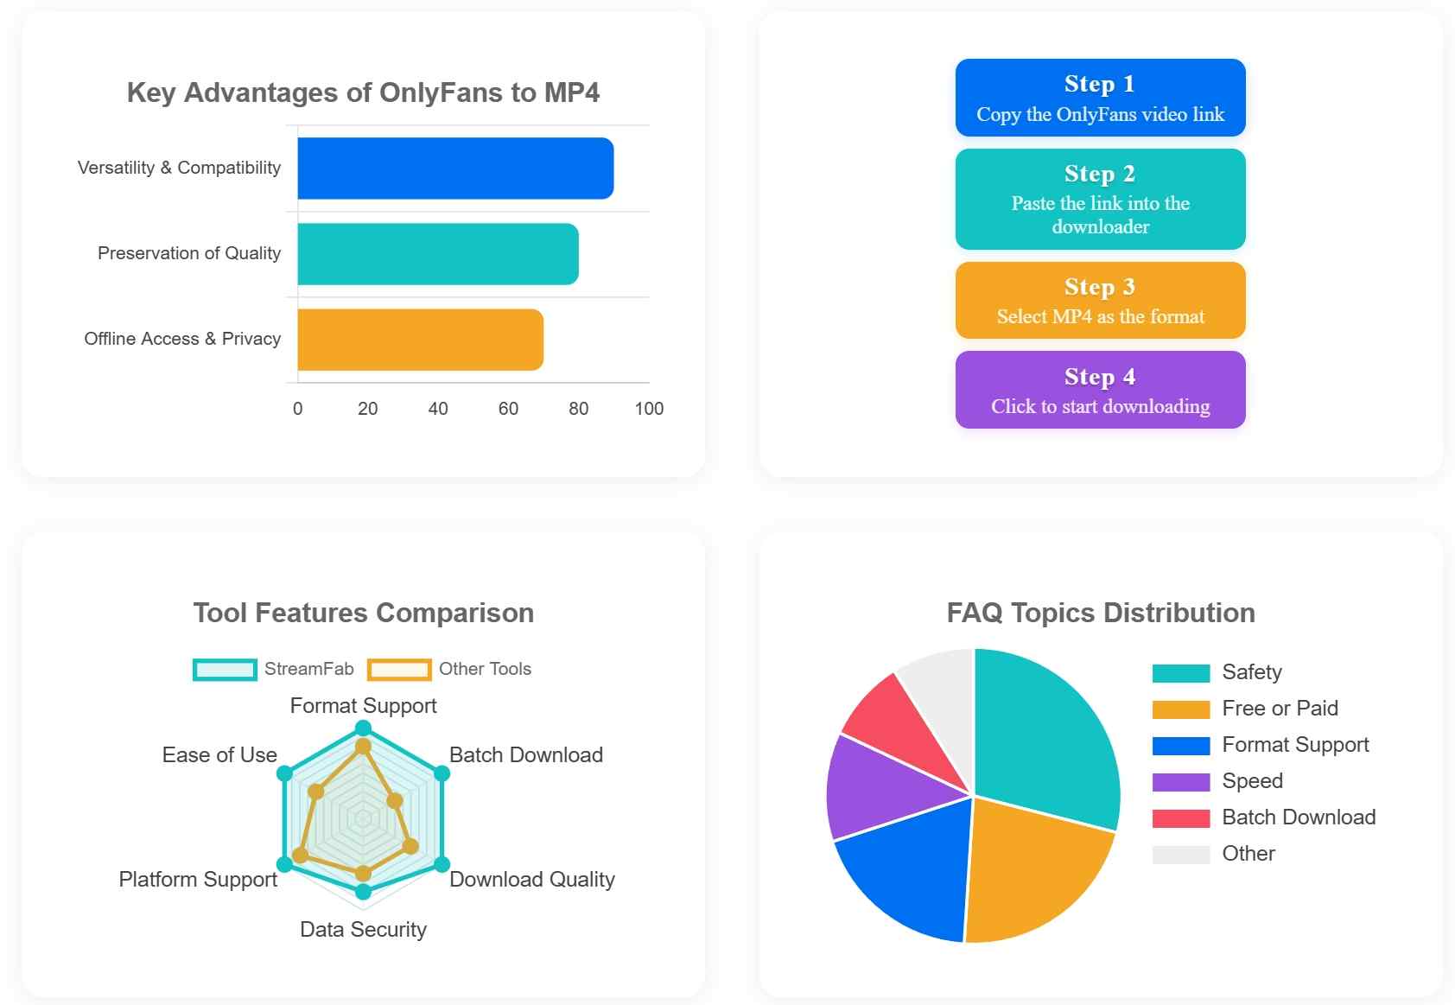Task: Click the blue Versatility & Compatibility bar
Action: (455, 169)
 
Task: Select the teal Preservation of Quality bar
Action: (438, 254)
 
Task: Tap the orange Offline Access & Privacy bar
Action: (420, 340)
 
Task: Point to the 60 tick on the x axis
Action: (508, 409)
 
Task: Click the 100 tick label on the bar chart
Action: (649, 409)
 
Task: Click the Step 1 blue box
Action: (1100, 98)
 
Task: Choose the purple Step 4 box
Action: (1100, 390)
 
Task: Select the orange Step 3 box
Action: (1100, 301)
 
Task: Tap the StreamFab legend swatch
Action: (225, 670)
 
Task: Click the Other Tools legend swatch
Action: (399, 670)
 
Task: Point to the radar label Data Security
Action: (363, 930)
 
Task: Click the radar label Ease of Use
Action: (219, 755)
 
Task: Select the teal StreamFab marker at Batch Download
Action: (442, 773)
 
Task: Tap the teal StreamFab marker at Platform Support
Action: (284, 864)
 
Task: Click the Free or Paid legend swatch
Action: (1180, 709)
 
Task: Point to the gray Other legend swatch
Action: (1180, 855)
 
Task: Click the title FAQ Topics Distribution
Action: (1100, 614)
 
